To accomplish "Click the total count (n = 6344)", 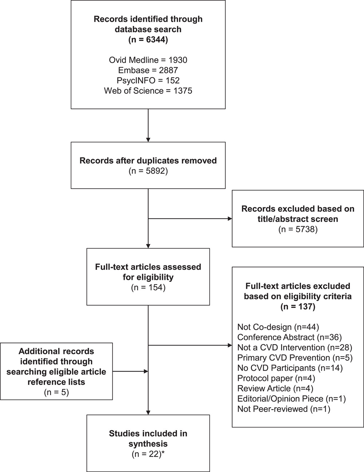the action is tap(148, 40).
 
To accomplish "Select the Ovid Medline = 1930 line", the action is tap(148, 60).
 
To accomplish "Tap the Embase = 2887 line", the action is tap(148, 70).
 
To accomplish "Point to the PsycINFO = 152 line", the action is tap(148, 80).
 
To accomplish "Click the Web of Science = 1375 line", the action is tap(148, 91).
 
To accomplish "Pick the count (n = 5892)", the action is tap(148, 171).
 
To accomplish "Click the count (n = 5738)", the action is tap(298, 229).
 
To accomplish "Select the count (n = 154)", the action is tap(148, 287).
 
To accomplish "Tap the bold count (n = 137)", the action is tap(298, 307).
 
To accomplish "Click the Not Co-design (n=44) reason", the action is tap(278, 327).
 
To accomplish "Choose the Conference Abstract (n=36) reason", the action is tap(289, 337).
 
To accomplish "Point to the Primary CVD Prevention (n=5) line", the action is tap(295, 357).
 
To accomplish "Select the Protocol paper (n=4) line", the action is tap(276, 378).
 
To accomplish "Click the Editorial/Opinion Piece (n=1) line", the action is tap(292, 398).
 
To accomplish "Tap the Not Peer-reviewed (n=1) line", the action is tap(284, 409).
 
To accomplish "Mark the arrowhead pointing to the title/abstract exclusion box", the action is tap(230, 219).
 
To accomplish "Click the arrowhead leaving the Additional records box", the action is tap(146, 371).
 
